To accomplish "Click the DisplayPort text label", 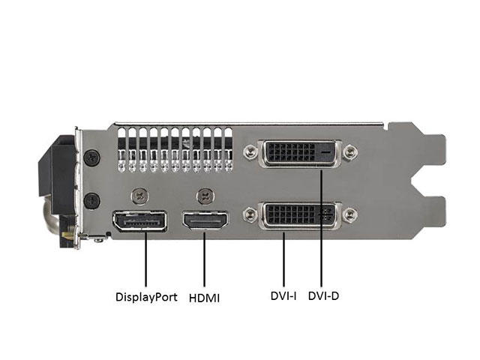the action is click(x=146, y=297).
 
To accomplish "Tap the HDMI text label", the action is click(x=204, y=298).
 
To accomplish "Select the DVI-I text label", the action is click(x=283, y=296).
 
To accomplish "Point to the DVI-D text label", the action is click(x=323, y=296).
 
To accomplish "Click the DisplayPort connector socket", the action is click(x=140, y=221).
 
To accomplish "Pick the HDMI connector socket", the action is click(x=205, y=220).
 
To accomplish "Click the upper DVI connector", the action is click(x=300, y=153).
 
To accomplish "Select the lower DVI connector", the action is click(x=300, y=215).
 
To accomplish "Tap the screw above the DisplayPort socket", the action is click(x=140, y=196).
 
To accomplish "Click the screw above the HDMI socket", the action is click(x=205, y=196).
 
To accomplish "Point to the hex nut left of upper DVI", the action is click(x=251, y=151).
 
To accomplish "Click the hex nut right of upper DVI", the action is click(x=349, y=152).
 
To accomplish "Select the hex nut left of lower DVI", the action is click(x=251, y=214).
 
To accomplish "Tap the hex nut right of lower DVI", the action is click(x=349, y=214).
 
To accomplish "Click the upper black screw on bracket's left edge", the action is click(x=91, y=157).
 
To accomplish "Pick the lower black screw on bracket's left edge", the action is click(x=91, y=201).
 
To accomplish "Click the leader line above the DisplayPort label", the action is click(x=145, y=259).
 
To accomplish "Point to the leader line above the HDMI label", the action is click(x=204, y=259).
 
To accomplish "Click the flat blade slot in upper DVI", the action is click(x=325, y=152).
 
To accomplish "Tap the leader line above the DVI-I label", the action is click(x=283, y=259).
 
